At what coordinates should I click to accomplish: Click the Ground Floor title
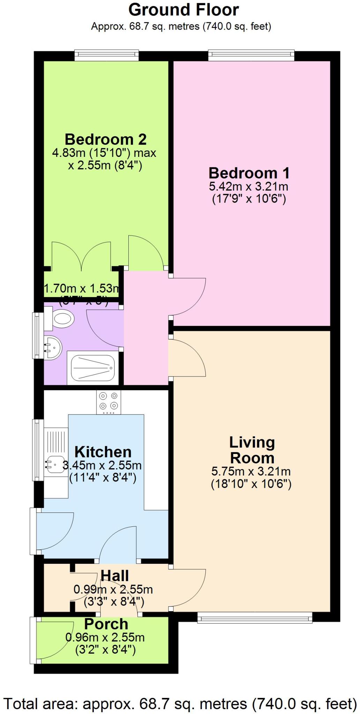pyautogui.click(x=183, y=10)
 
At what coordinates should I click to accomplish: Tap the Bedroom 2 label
pyautogui.click(x=105, y=139)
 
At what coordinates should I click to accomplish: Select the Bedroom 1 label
pyautogui.click(x=249, y=173)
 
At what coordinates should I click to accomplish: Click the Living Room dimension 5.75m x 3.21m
pyautogui.click(x=251, y=472)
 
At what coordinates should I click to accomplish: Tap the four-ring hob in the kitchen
pyautogui.click(x=108, y=402)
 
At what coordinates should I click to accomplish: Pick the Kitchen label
pyautogui.click(x=103, y=452)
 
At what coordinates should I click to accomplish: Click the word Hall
pyautogui.click(x=115, y=576)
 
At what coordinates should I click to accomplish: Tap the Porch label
pyautogui.click(x=106, y=624)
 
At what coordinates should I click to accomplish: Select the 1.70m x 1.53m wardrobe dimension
pyautogui.click(x=81, y=289)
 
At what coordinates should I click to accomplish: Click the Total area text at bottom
pyautogui.click(x=180, y=703)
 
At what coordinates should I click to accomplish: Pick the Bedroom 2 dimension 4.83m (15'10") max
pyautogui.click(x=104, y=153)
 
